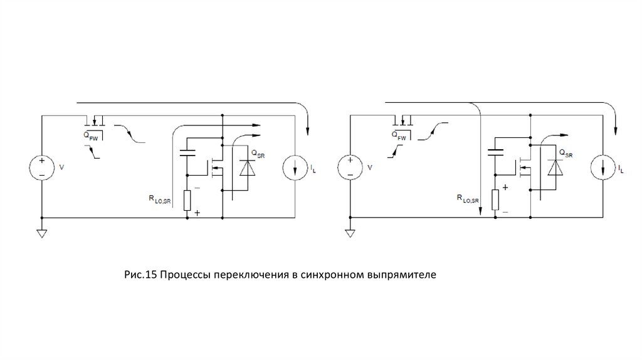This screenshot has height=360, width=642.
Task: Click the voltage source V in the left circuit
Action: tap(42, 167)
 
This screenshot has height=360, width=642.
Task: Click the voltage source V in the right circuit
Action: tap(350, 167)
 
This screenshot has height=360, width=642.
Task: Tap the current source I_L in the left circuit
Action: tap(295, 167)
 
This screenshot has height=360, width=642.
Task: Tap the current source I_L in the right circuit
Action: tap(603, 167)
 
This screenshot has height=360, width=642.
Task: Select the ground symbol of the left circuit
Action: tap(42, 233)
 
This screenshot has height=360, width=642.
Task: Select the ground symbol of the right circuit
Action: tap(350, 233)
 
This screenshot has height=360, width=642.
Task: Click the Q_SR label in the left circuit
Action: tap(258, 154)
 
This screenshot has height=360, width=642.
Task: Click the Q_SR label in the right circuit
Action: tap(566, 154)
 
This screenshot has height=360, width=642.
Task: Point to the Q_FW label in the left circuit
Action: tap(91, 136)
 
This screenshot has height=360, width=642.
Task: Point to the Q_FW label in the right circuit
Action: tap(399, 136)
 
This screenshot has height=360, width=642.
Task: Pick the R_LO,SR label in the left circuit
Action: tap(160, 200)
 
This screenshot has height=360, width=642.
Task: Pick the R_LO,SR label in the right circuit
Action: tap(468, 199)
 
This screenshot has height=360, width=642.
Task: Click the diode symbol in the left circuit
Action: tap(247, 168)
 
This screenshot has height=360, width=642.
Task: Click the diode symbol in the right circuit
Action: tap(555, 168)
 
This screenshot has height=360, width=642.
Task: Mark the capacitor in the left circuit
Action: tap(187, 153)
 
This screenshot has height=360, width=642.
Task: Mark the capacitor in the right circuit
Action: tap(495, 153)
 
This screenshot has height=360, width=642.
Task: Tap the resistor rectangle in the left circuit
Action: tap(187, 201)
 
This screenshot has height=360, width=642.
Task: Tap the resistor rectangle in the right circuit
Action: tap(495, 200)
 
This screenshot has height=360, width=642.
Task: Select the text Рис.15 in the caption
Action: tap(140, 275)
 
